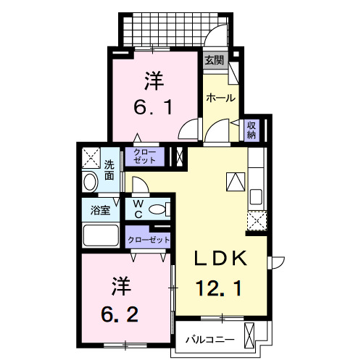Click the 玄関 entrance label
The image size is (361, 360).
(x=214, y=60)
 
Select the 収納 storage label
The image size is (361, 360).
(x=252, y=130)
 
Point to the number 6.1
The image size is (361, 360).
(x=152, y=107)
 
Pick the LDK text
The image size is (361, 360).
(x=221, y=258)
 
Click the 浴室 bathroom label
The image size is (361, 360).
(x=99, y=211)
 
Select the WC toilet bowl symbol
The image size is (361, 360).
(x=157, y=210)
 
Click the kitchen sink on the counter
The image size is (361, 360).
(x=257, y=196)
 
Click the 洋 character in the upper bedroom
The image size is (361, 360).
(x=152, y=78)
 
